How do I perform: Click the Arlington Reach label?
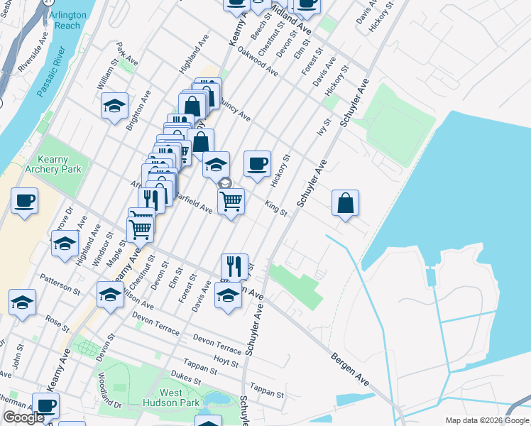click(67, 20)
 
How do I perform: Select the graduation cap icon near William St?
click(114, 106)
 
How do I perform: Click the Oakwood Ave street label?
click(258, 62)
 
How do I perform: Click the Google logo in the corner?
click(23, 418)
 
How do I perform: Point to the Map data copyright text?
click(487, 420)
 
